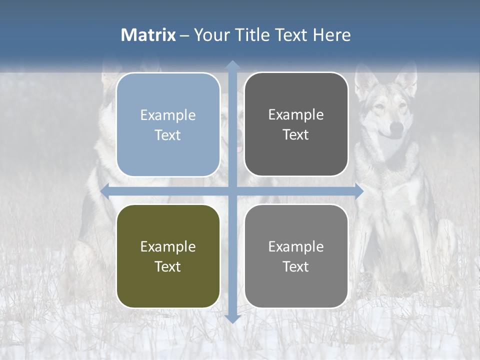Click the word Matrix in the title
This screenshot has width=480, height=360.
pos(148,35)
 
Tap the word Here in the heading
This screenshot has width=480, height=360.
pos(332,35)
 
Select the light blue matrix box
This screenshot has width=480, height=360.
pos(168,124)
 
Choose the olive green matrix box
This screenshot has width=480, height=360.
pos(168,256)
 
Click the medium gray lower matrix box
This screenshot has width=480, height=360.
pos(296,256)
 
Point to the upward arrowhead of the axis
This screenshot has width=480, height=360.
pos(232,65)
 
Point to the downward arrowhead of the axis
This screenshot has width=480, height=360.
pos(232,319)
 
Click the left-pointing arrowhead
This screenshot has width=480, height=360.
pos(105,191)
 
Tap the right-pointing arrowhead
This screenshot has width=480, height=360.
pos(359,191)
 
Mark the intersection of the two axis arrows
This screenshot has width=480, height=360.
pos(232,191)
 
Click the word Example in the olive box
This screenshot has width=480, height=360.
pos(168,246)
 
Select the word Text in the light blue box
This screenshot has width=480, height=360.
pos(168,135)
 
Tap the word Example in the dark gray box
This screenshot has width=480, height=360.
pos(296,114)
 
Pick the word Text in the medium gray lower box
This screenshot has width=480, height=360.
pos(296,266)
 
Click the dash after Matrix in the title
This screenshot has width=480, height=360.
pos(184,35)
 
